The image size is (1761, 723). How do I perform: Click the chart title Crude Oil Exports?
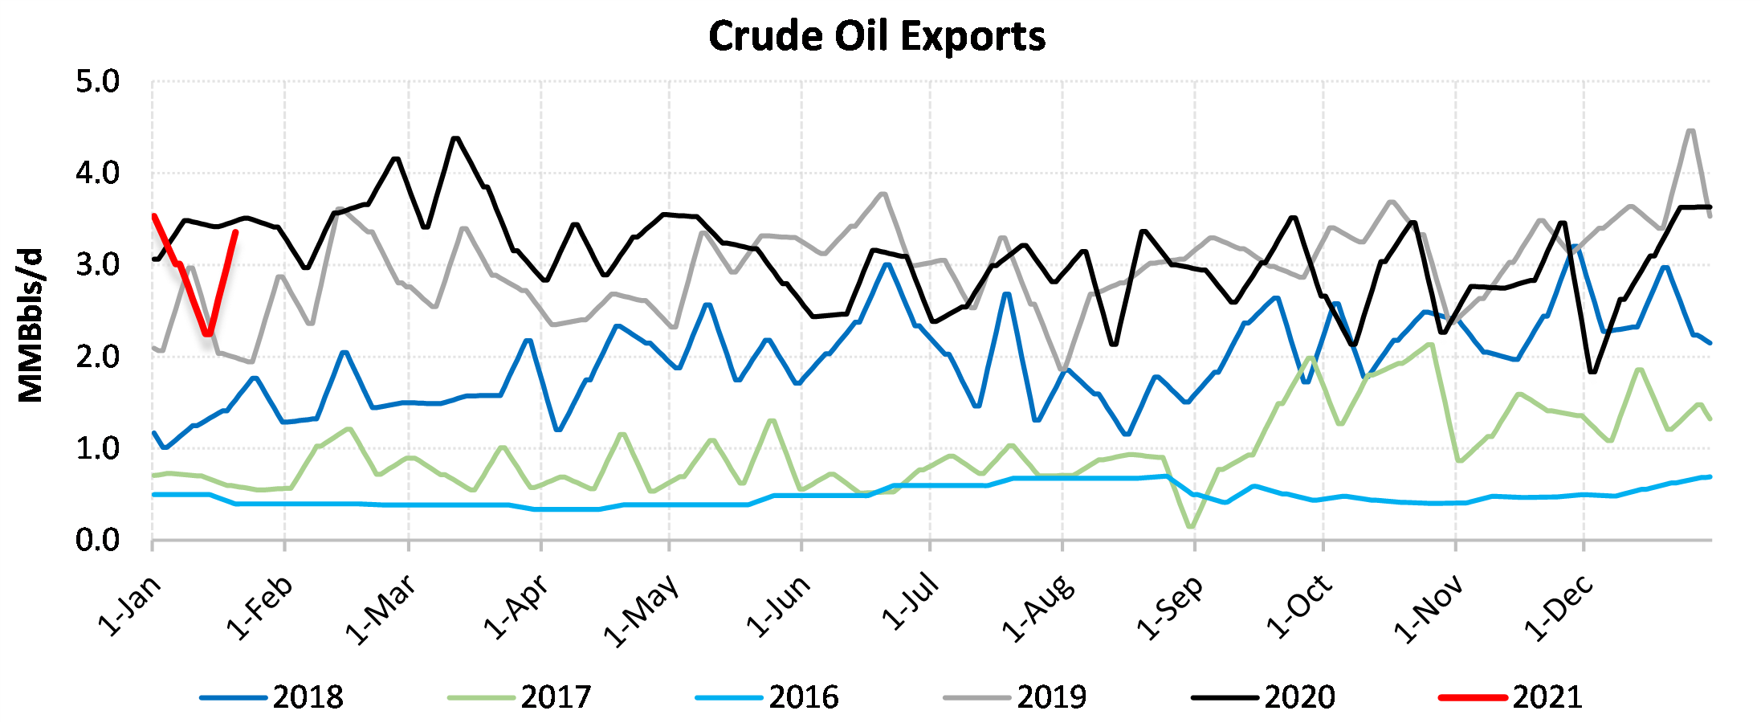coord(877,36)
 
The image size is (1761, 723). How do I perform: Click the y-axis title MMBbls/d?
coord(31,325)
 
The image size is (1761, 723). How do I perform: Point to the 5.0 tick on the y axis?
coord(97,82)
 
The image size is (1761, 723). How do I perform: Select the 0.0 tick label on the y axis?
coord(97,541)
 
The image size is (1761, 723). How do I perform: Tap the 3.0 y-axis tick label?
coord(97,265)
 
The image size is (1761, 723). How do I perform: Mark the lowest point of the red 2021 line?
coord(208,333)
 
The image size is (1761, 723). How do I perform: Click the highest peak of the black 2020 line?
coord(456,138)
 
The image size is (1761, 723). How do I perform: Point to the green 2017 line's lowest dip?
coord(1191,527)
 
